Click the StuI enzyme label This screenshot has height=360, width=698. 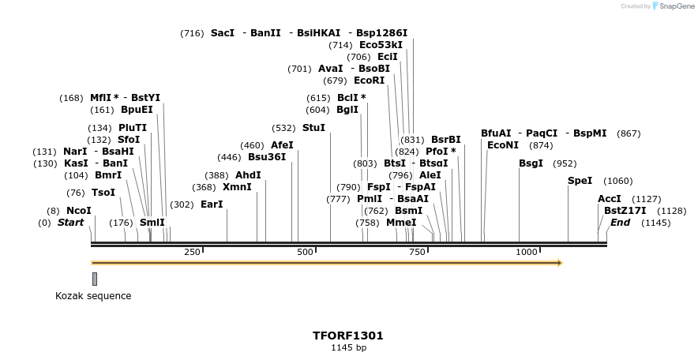click(313, 127)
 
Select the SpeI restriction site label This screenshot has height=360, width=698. click(580, 181)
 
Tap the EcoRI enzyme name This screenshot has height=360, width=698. click(369, 81)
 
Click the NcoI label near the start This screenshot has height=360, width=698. click(78, 211)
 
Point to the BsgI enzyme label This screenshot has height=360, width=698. click(531, 163)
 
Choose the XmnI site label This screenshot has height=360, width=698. click(237, 187)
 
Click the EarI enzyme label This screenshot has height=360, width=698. click(212, 204)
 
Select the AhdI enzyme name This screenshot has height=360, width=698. click(248, 175)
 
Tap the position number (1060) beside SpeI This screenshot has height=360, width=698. click(617, 181)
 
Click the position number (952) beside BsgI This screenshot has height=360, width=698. click(565, 163)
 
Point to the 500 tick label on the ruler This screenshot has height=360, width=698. click(305, 252)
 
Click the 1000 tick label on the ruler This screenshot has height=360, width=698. click(527, 252)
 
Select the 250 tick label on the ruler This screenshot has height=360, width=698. click(192, 252)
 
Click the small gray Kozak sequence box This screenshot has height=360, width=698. click(95, 279)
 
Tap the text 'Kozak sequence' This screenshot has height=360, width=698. click(93, 296)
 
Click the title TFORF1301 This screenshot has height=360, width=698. click(348, 335)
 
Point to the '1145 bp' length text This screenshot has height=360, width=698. click(348, 347)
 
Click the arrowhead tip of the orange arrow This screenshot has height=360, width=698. click(561, 262)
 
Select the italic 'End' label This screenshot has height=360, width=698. click(620, 223)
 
